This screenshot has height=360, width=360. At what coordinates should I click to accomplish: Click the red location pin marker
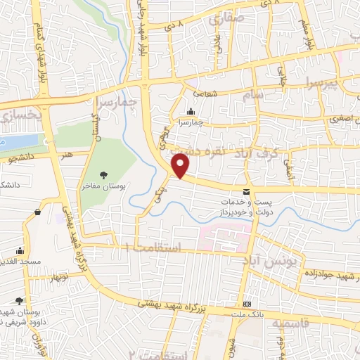(x=181, y=167)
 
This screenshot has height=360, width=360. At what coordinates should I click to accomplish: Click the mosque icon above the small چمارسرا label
(x=191, y=111)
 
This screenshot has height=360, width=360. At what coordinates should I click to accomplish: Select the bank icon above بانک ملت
(x=247, y=304)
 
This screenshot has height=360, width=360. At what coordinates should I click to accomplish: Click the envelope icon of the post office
(x=246, y=192)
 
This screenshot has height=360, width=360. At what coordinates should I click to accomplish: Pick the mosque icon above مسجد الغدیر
(x=20, y=250)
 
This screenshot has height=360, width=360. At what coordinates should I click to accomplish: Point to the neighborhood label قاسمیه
(x=291, y=323)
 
